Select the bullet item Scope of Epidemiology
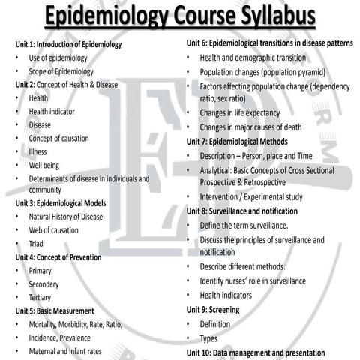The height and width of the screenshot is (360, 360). click(x=61, y=71)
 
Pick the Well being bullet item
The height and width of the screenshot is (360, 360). click(x=44, y=165)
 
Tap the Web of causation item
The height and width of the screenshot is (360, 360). click(x=54, y=230)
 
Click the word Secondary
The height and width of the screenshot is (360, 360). click(x=44, y=284)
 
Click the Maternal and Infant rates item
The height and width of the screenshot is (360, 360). click(x=65, y=351)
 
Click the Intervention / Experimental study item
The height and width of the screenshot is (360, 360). click(x=252, y=197)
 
